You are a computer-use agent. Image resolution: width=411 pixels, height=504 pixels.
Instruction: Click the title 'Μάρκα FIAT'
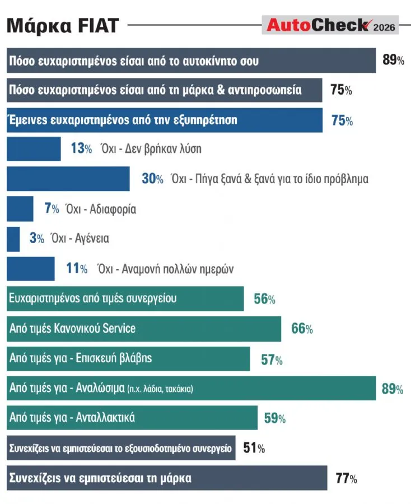[x=63, y=25]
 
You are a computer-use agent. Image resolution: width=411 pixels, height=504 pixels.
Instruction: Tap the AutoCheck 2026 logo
[x=330, y=25]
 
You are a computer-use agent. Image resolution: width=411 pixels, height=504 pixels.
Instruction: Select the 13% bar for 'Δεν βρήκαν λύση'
[x=34, y=149]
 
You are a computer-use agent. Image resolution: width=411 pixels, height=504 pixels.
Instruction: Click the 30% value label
[x=153, y=179]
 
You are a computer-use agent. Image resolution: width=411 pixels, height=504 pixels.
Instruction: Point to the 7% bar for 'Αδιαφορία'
[x=20, y=209]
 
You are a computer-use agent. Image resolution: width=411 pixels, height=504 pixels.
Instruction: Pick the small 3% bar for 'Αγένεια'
[x=13, y=239]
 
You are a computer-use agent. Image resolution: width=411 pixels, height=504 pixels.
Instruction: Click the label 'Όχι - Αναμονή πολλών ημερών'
[x=166, y=269]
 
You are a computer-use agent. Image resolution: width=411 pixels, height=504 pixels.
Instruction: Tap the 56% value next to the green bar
[x=264, y=299]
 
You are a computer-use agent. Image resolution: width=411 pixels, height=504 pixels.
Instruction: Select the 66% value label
[x=302, y=329]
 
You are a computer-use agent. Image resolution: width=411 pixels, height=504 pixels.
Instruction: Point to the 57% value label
[x=272, y=360]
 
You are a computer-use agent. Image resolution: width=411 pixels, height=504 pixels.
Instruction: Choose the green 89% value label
[x=393, y=389]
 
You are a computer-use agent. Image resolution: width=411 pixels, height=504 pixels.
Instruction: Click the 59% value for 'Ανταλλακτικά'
[x=275, y=418]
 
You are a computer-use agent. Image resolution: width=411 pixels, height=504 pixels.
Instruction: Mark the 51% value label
[x=254, y=448]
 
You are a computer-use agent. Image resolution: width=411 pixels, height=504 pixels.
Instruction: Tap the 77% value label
[x=347, y=478]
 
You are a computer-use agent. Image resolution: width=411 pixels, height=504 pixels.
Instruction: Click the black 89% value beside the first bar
[x=393, y=60]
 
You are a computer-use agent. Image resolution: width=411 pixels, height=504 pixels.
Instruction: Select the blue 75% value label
[x=342, y=120]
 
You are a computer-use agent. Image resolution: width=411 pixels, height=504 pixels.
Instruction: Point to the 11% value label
[x=77, y=268]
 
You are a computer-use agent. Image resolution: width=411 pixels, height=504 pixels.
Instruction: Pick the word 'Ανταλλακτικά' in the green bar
[x=105, y=418]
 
